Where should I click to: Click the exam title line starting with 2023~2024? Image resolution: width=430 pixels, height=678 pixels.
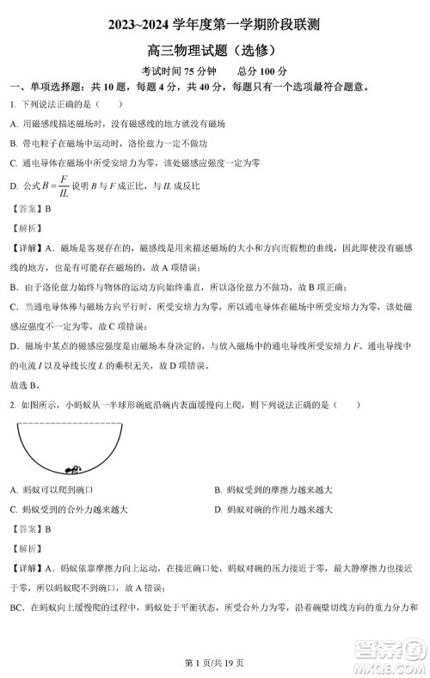(x=214, y=27)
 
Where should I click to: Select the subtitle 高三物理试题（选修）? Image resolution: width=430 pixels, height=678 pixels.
(x=214, y=50)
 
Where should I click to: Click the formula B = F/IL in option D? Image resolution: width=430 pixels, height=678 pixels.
(x=53, y=186)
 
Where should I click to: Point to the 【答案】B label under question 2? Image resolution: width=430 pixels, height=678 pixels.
(x=31, y=528)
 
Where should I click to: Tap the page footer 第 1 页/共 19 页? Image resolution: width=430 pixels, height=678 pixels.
(x=214, y=663)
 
